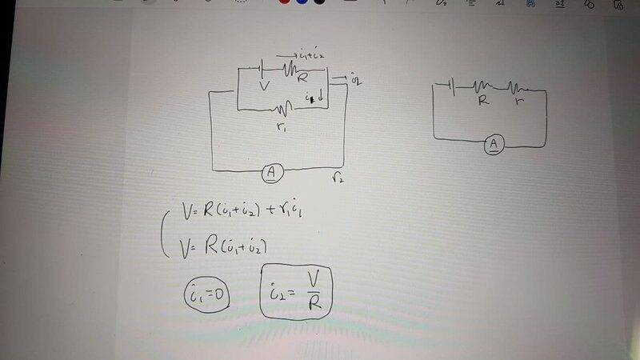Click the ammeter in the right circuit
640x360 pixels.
[495, 144]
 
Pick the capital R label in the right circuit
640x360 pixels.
[483, 102]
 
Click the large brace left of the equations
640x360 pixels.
[165, 229]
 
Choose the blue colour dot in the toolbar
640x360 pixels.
[302, 2]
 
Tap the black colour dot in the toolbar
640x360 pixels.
[321, 2]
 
